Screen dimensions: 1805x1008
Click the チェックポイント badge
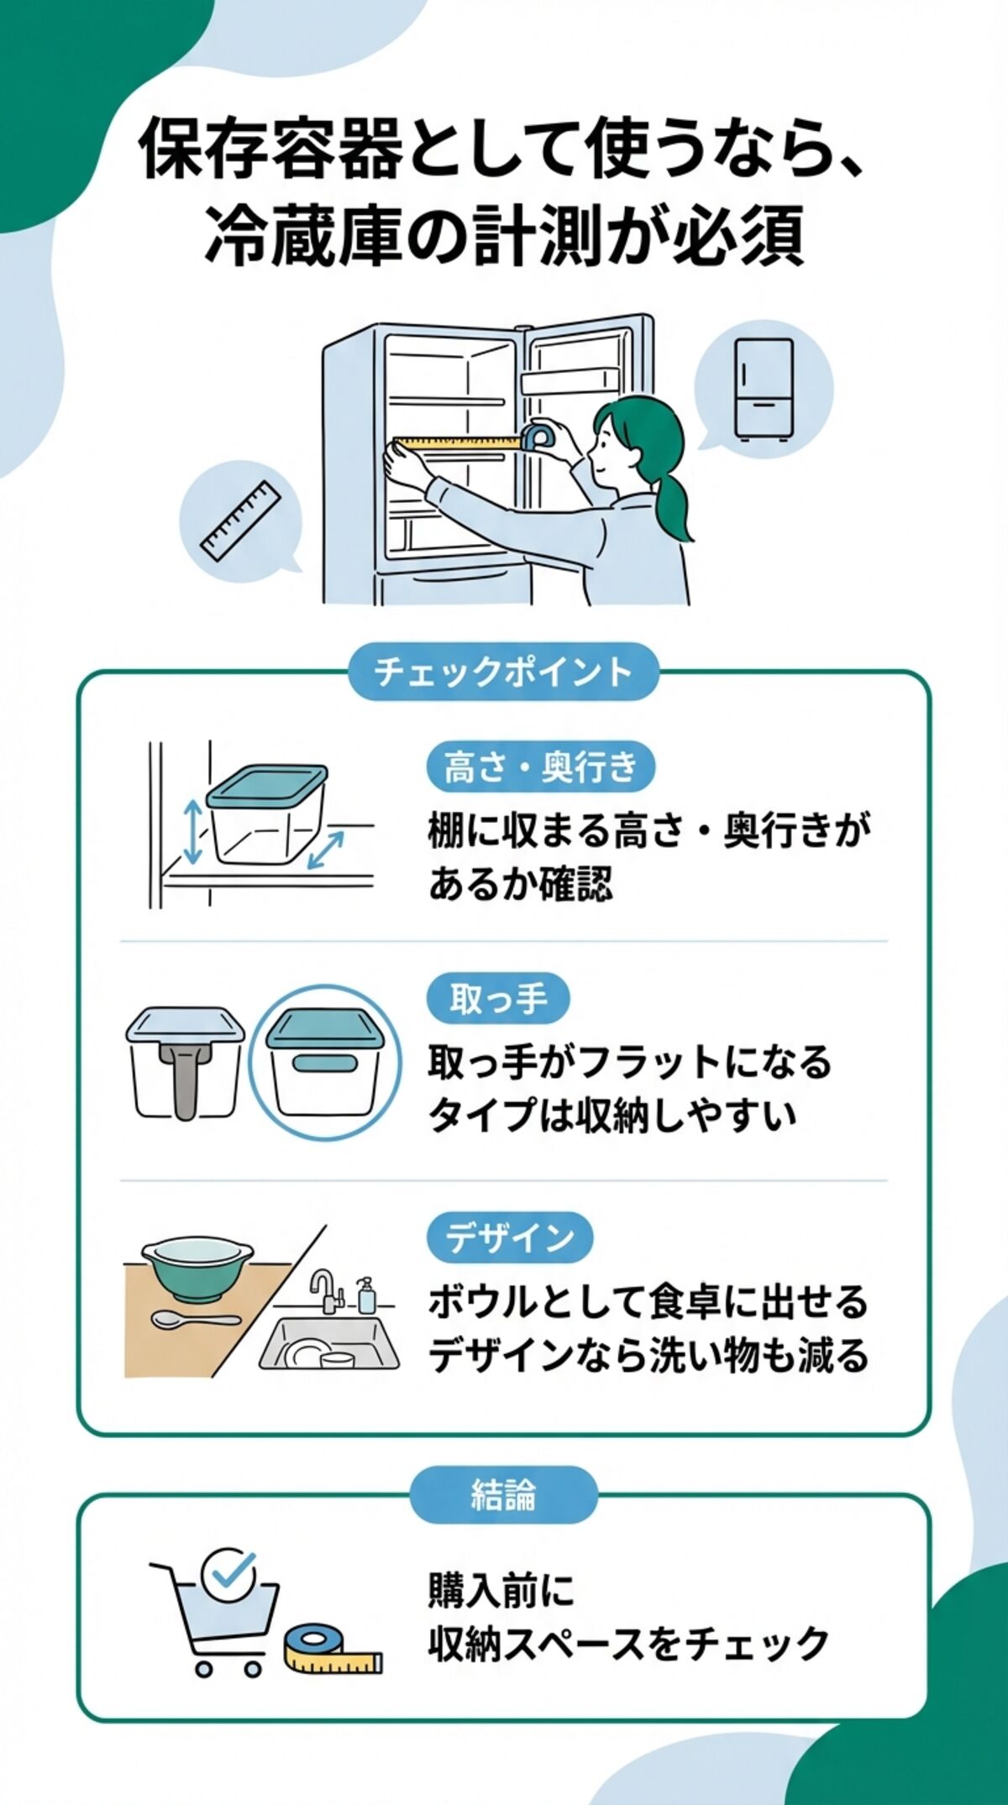pyautogui.click(x=502, y=672)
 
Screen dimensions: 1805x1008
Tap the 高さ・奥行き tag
pyautogui.click(x=540, y=766)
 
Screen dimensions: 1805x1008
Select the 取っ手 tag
pyautogui.click(x=498, y=999)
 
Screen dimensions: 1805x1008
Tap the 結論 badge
pyautogui.click(x=503, y=1494)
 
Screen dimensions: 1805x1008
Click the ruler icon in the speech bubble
pyautogui.click(x=240, y=521)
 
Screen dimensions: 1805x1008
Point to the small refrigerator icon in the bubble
pyautogui.click(x=763, y=388)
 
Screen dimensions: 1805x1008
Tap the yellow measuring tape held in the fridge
pyautogui.click(x=458, y=442)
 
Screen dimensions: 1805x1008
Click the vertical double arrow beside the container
pyautogui.click(x=193, y=832)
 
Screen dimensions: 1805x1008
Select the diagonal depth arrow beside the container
pyautogui.click(x=325, y=850)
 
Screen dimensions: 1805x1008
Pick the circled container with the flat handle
pyautogui.click(x=325, y=1062)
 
